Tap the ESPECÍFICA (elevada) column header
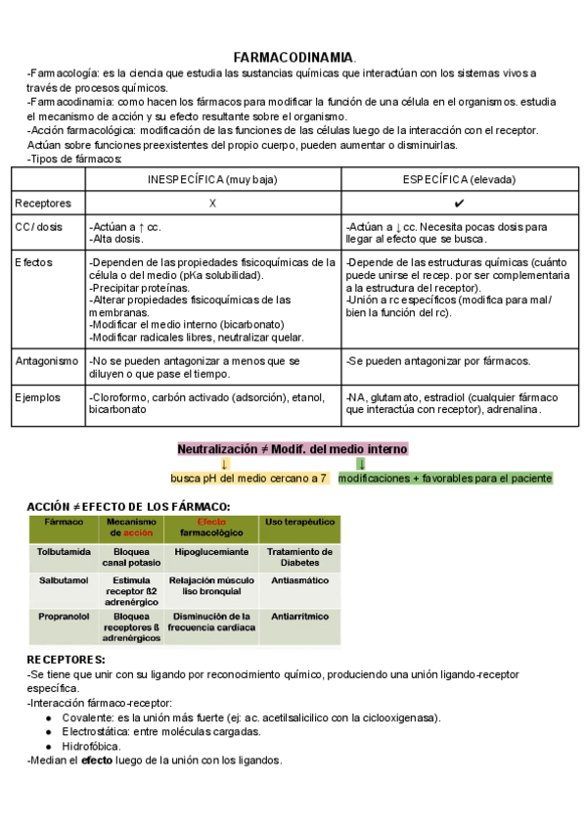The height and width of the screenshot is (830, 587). [x=459, y=180]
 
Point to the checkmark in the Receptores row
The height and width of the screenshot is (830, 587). [x=459, y=203]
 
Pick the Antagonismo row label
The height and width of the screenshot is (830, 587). [x=47, y=361]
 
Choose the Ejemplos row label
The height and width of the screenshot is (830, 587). [x=38, y=397]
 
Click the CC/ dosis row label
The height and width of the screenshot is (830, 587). [x=39, y=227]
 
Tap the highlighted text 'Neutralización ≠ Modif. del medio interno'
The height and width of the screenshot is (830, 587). [x=293, y=449]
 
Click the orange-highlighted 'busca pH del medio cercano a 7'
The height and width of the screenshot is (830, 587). [x=248, y=479]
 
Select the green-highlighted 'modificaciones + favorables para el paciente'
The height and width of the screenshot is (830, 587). [x=445, y=479]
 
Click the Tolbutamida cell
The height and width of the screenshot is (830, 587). [x=64, y=552]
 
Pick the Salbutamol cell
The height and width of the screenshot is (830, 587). [x=63, y=580]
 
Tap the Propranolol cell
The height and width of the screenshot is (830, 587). [x=64, y=618]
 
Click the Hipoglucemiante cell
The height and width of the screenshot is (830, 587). [x=211, y=552]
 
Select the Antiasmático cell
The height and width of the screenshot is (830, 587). [x=299, y=580]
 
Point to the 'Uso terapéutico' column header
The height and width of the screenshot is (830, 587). [x=299, y=524]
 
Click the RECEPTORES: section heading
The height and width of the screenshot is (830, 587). [x=66, y=660]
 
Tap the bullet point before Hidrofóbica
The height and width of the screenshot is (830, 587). [x=50, y=746]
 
